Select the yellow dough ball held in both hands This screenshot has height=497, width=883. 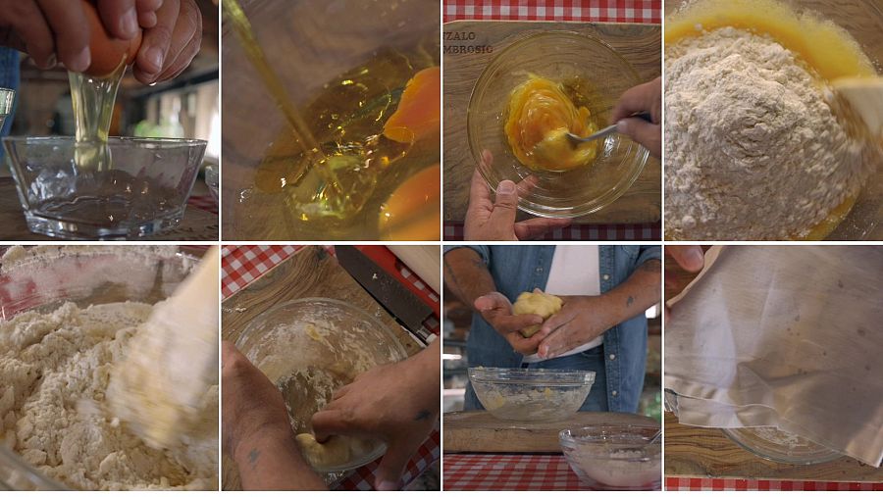coord(538,308)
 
